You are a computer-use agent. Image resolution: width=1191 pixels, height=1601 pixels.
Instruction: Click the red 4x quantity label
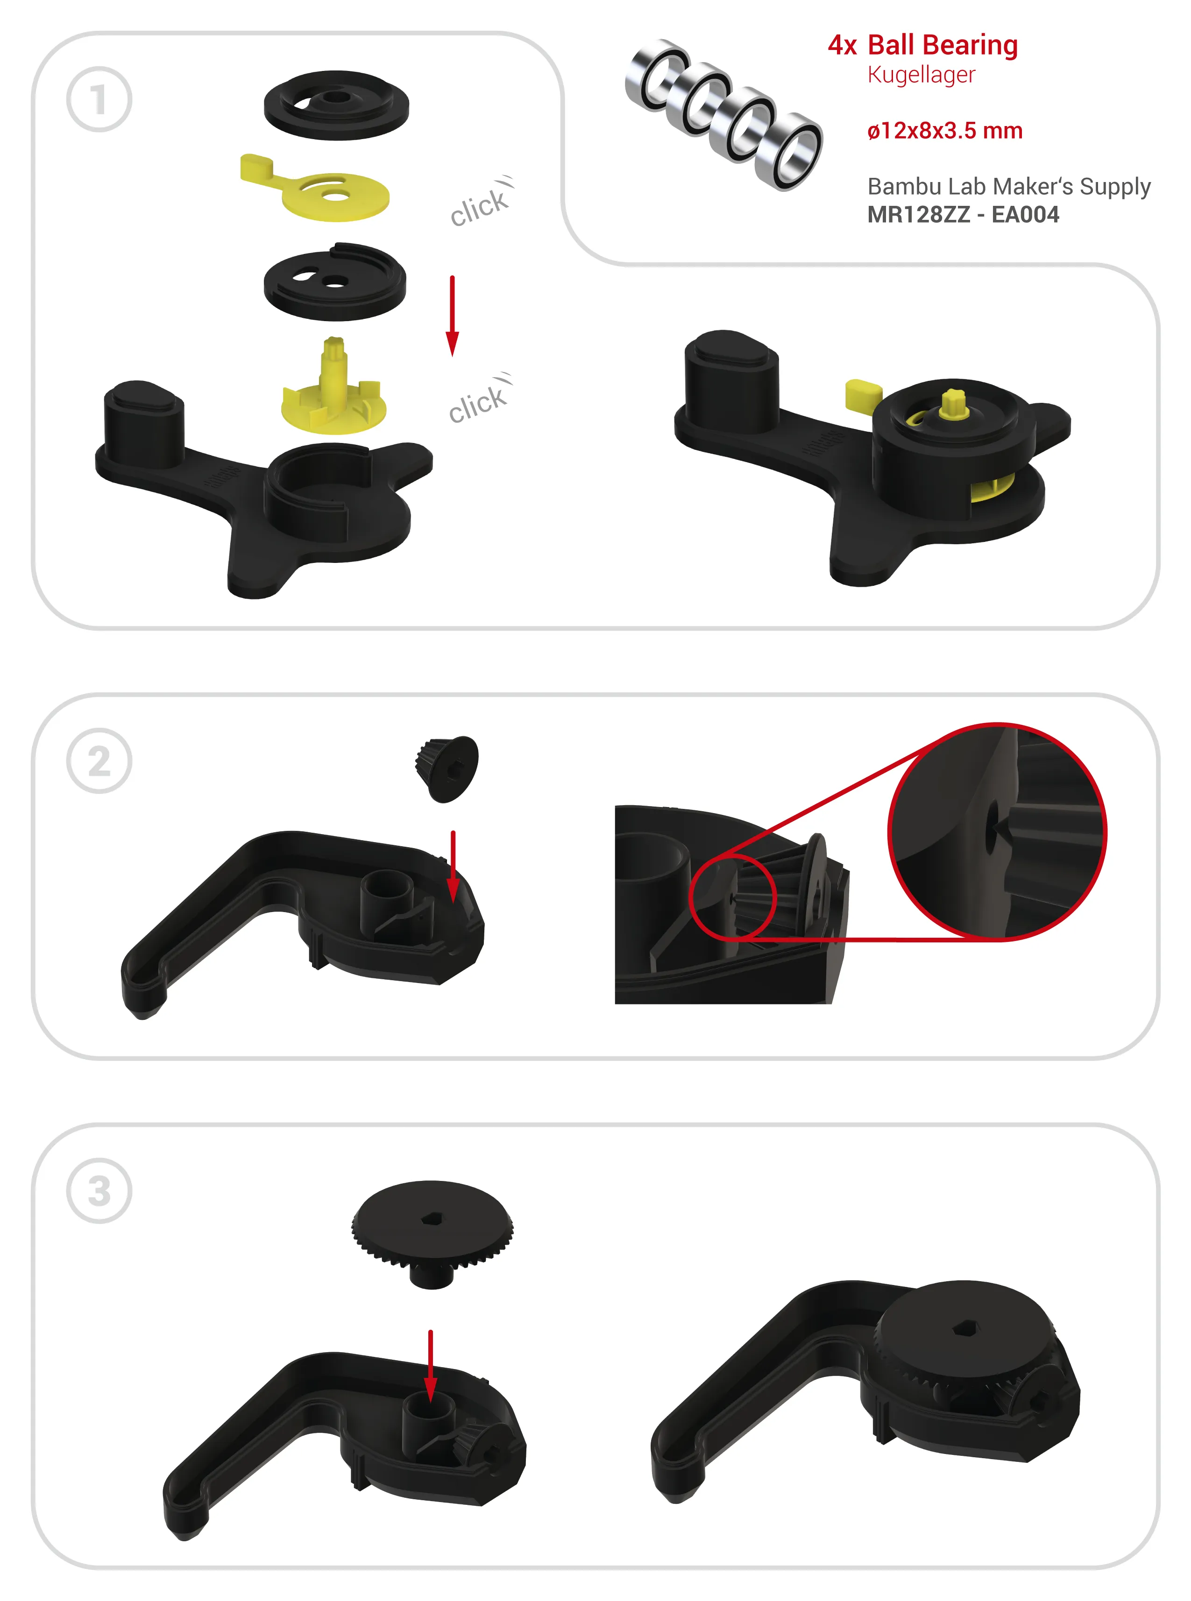pos(842,45)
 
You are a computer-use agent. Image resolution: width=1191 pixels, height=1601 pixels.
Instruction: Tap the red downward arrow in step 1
pos(452,316)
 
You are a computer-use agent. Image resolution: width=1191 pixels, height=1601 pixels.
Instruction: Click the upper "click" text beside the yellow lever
pos(481,203)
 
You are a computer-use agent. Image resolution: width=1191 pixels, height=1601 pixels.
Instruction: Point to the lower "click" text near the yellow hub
pos(479,400)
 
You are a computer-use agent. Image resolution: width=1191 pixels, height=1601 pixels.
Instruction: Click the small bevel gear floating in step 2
pos(447,768)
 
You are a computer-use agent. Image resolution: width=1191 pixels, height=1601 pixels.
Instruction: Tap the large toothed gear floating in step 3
pos(432,1232)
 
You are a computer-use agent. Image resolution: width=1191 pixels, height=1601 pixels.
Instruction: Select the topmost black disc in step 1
pos(336,105)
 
